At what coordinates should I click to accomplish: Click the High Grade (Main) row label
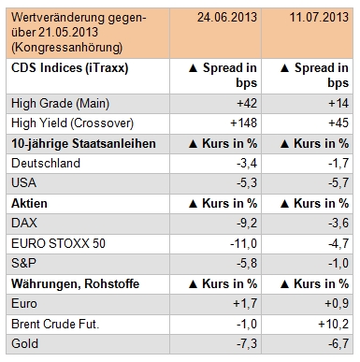point(58,103)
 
